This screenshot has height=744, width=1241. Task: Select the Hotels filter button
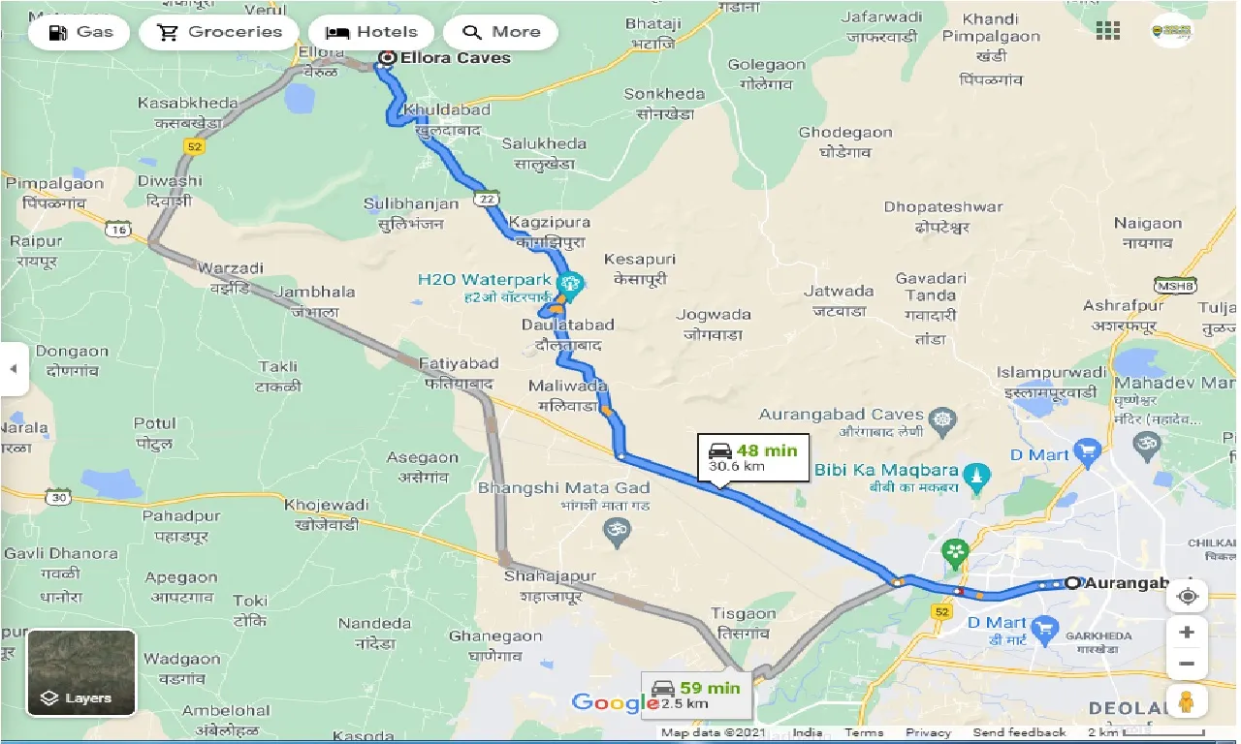coord(372,32)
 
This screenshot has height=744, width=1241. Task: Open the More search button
coord(501,32)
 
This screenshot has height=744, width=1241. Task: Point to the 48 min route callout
coord(753,458)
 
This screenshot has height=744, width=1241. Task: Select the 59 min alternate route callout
coord(695,695)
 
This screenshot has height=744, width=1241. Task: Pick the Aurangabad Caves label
coord(842,415)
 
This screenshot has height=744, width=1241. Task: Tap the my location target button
coord(1187,596)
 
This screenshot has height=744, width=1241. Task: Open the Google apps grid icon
coord(1108,31)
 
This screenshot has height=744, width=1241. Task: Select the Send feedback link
coord(1019,732)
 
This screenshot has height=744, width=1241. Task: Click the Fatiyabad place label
coord(459,364)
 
